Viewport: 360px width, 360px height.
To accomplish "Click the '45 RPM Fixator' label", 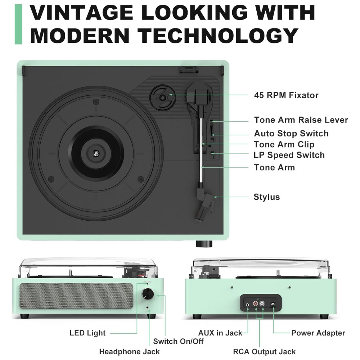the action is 286,95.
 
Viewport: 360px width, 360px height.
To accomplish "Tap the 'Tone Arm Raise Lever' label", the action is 301,120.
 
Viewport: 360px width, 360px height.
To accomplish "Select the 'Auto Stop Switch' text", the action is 291,134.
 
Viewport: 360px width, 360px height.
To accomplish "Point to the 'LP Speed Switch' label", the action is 289,155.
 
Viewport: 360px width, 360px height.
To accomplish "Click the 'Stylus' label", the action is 266,197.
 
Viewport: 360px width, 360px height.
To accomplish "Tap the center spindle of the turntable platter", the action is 96,153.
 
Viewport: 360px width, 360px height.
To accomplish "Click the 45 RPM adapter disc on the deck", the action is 163,98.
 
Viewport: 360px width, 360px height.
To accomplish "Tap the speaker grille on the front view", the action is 76,296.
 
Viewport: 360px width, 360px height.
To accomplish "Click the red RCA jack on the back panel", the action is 255,304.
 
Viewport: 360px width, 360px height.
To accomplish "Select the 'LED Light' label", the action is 87,333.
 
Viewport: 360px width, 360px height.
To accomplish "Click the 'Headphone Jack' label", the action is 129,351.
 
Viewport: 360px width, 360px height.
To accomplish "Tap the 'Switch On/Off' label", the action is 178,341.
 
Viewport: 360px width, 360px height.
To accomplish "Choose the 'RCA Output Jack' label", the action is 264,351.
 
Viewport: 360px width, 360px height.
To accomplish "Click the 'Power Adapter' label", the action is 318,333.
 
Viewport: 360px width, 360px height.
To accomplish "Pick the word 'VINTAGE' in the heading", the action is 82,13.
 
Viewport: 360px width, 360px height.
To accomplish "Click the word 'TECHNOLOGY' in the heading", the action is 218,36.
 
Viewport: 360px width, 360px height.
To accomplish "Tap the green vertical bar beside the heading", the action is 18,24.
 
